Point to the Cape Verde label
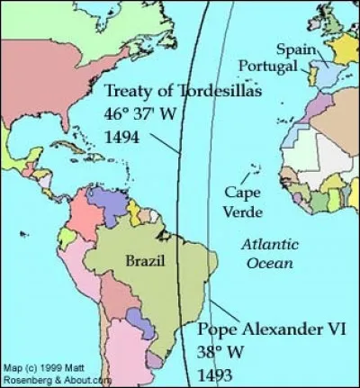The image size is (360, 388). (x=244, y=203)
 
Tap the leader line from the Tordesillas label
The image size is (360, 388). (x=162, y=144)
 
